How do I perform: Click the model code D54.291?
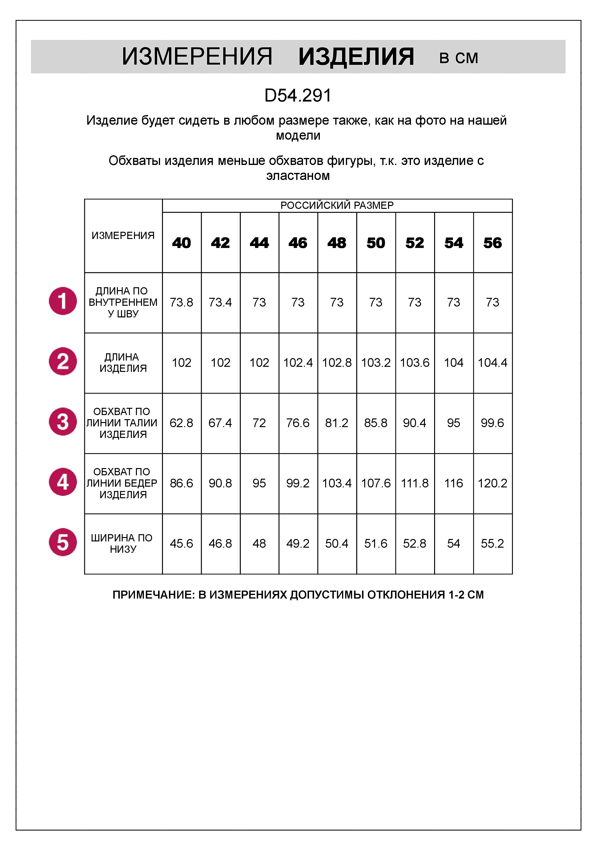pyautogui.click(x=298, y=96)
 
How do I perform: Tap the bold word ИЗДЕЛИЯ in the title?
pyautogui.click(x=356, y=57)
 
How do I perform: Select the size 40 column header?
pyautogui.click(x=181, y=243)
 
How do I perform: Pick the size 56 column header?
pyautogui.click(x=492, y=243)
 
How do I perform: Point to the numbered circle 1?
pyautogui.click(x=63, y=301)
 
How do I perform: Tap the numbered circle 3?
pyautogui.click(x=63, y=422)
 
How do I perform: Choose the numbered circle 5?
pyautogui.click(x=63, y=542)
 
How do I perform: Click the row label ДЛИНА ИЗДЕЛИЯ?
pyautogui.click(x=123, y=362)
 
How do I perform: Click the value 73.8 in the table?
pyautogui.click(x=181, y=302)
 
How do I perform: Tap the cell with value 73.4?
pyautogui.click(x=220, y=302)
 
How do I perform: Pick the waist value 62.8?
pyautogui.click(x=181, y=423)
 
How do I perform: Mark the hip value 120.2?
pyautogui.click(x=492, y=483)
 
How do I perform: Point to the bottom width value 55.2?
pyautogui.click(x=492, y=544)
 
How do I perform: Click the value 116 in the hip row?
pyautogui.click(x=454, y=483)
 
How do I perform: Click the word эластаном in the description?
pyautogui.click(x=298, y=176)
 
